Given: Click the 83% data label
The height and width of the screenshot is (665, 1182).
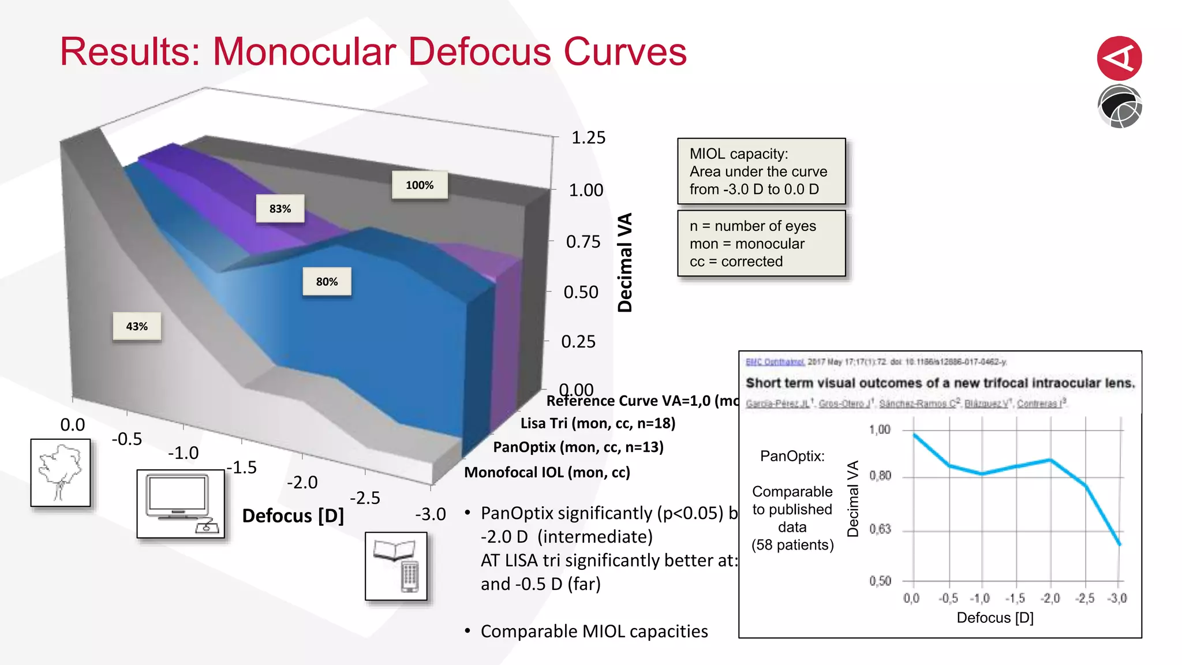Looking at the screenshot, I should pyautogui.click(x=280, y=209).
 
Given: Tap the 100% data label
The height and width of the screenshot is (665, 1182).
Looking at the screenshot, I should pyautogui.click(x=420, y=185).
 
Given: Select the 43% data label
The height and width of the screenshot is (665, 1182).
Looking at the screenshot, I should pyautogui.click(x=137, y=327).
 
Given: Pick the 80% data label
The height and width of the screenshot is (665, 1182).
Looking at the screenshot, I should pyautogui.click(x=327, y=282).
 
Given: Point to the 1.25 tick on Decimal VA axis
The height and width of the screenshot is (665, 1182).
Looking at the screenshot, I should pyautogui.click(x=588, y=138).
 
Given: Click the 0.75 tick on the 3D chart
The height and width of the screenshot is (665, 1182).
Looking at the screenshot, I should pyautogui.click(x=583, y=242).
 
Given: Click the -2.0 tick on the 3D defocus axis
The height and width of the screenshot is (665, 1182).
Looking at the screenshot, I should pyautogui.click(x=302, y=483).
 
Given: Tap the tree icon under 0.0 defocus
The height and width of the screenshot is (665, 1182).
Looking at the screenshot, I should pyautogui.click(x=61, y=473).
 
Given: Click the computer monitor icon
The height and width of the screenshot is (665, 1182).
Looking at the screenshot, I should pyautogui.click(x=180, y=503).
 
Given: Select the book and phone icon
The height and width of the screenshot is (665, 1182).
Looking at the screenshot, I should pyautogui.click(x=396, y=566).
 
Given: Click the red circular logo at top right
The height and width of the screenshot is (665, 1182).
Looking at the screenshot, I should pyautogui.click(x=1119, y=58).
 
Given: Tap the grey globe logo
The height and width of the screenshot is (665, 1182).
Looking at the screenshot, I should pyautogui.click(x=1119, y=107).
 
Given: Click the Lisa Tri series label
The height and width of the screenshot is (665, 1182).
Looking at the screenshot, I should pyautogui.click(x=597, y=424).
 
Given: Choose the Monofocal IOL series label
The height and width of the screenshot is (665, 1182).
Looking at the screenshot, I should pyautogui.click(x=547, y=473).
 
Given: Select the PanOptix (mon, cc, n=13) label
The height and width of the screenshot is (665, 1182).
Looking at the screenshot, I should pyautogui.click(x=578, y=447).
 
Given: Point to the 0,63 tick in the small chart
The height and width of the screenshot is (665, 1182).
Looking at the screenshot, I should pyautogui.click(x=880, y=529).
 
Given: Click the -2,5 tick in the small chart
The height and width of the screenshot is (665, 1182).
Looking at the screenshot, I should pyautogui.click(x=1084, y=599).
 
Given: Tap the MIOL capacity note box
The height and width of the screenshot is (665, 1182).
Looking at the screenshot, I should pyautogui.click(x=761, y=171).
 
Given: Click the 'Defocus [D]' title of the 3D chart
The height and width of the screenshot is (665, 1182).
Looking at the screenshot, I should pyautogui.click(x=293, y=516).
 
